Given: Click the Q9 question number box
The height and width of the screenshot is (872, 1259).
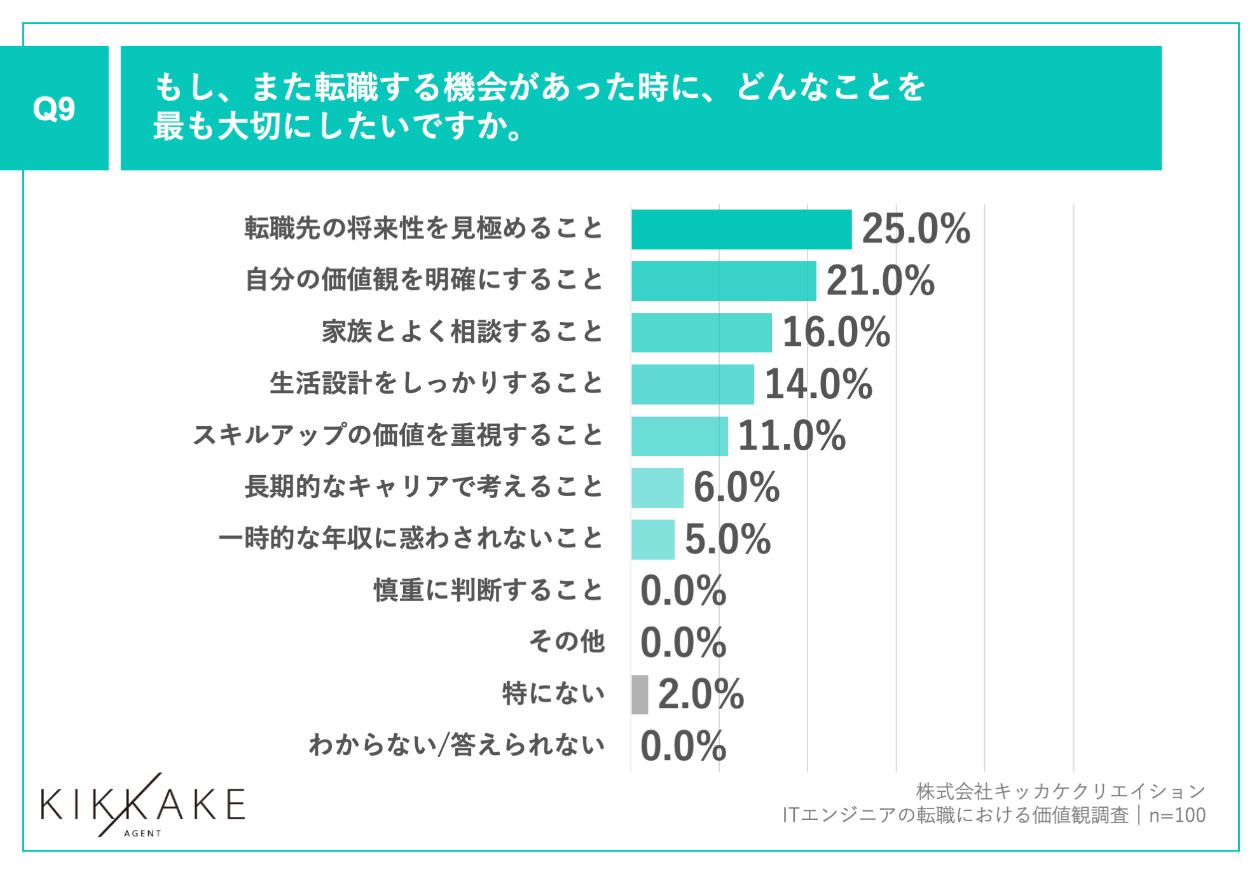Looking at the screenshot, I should pyautogui.click(x=54, y=108).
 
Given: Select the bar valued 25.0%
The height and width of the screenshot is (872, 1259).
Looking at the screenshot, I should pyautogui.click(x=741, y=229).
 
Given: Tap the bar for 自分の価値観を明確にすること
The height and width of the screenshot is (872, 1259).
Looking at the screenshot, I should pyautogui.click(x=723, y=280).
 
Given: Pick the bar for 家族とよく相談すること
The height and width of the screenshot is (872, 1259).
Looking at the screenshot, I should pyautogui.click(x=701, y=333).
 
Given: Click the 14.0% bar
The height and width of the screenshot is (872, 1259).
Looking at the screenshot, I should pyautogui.click(x=692, y=384).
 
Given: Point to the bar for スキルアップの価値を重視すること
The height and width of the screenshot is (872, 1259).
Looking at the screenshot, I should pyautogui.click(x=679, y=436).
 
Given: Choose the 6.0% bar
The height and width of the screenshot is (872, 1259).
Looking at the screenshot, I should pyautogui.click(x=657, y=488).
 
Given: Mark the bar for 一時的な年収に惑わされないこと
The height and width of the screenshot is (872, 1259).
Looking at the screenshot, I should pyautogui.click(x=652, y=539).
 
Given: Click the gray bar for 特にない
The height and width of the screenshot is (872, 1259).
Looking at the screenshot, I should pyautogui.click(x=640, y=695).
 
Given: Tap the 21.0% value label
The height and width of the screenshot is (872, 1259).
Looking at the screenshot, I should pyautogui.click(x=880, y=280).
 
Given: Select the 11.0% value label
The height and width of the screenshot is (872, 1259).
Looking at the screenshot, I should pyautogui.click(x=792, y=436).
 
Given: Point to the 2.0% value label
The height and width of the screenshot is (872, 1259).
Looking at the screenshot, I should pyautogui.click(x=701, y=695).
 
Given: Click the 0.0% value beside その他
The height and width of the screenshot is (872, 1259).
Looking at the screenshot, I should pyautogui.click(x=683, y=642).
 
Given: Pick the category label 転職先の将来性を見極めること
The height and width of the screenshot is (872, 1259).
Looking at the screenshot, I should pyautogui.click(x=423, y=228).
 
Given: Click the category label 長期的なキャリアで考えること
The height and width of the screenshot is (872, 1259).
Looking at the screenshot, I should pyautogui.click(x=423, y=487).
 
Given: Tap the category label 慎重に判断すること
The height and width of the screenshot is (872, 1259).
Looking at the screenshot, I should pyautogui.click(x=488, y=590).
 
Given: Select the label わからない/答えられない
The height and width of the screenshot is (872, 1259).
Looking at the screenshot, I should pyautogui.click(x=457, y=745).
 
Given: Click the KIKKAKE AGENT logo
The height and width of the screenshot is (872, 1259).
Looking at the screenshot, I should pyautogui.click(x=142, y=806).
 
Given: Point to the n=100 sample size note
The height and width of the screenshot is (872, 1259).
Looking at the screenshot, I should pyautogui.click(x=1177, y=815).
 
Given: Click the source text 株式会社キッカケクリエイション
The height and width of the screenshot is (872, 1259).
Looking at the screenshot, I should pyautogui.click(x=1060, y=792).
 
